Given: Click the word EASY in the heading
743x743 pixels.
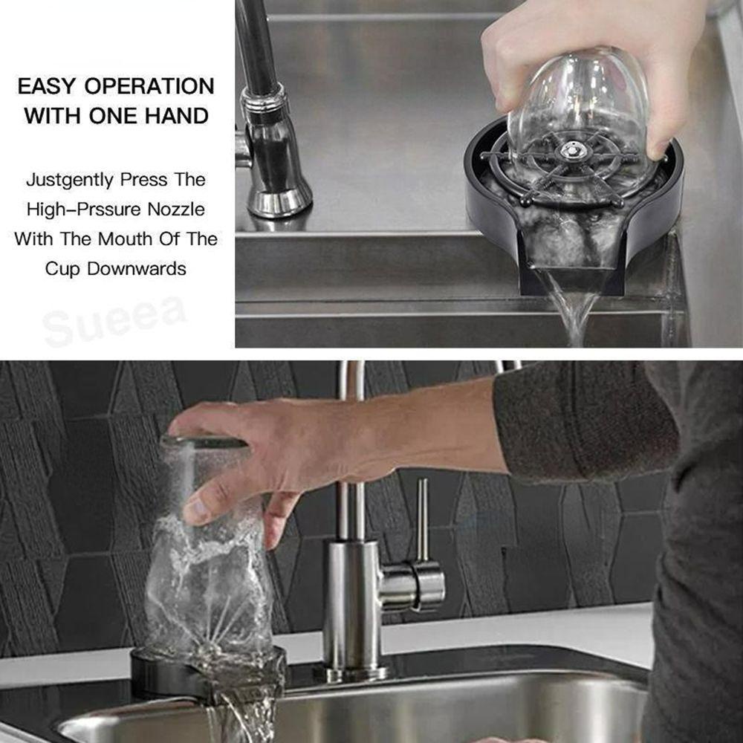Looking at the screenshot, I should click(x=46, y=86).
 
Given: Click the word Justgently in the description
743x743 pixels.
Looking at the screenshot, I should click(x=69, y=180).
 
